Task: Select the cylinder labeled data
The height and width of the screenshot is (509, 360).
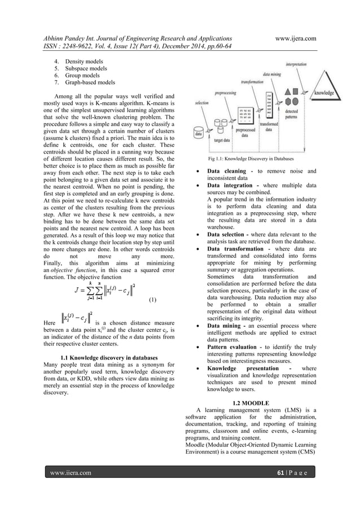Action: [x=199, y=133]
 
